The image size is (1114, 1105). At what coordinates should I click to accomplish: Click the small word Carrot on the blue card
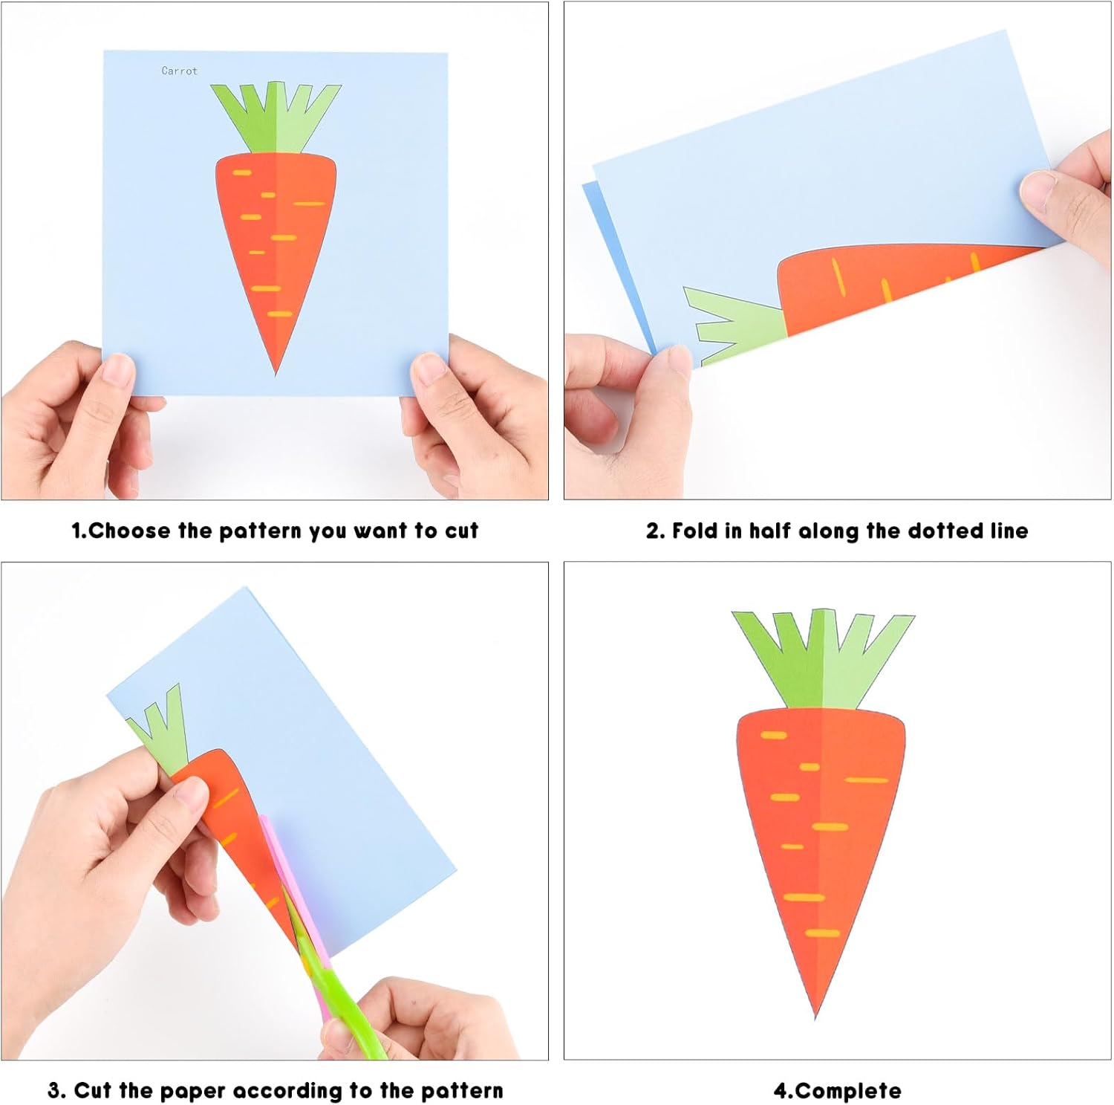(x=180, y=71)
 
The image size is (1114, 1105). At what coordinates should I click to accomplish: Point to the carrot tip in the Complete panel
(x=815, y=1017)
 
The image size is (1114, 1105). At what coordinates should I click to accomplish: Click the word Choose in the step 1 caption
(x=129, y=531)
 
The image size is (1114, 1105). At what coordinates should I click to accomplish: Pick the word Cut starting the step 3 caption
(x=93, y=1091)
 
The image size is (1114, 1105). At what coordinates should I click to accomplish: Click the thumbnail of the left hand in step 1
(x=117, y=369)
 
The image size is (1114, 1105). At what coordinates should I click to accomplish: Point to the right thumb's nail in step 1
(x=429, y=369)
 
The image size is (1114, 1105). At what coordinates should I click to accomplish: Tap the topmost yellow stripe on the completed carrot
(x=773, y=735)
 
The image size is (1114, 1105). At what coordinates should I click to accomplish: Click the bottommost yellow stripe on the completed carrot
(x=823, y=933)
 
